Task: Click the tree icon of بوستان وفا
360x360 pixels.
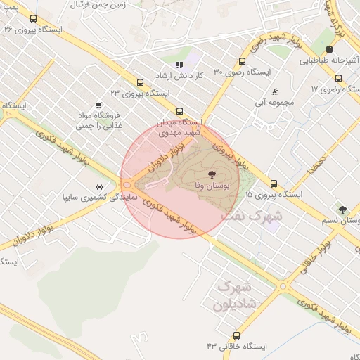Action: point(211,174)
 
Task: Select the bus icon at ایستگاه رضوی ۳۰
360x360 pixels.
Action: point(243,61)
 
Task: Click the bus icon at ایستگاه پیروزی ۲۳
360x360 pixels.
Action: point(140,82)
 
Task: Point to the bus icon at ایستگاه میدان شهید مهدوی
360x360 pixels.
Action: point(179,110)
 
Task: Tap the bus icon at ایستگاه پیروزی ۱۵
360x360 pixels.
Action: point(274,183)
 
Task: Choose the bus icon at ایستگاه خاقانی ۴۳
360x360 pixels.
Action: point(235,335)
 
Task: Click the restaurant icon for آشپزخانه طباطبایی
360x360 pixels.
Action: point(330,49)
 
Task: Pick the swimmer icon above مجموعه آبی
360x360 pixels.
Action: point(275,92)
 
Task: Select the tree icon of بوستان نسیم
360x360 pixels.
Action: point(342,209)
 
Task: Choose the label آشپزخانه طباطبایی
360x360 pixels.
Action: point(330,60)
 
